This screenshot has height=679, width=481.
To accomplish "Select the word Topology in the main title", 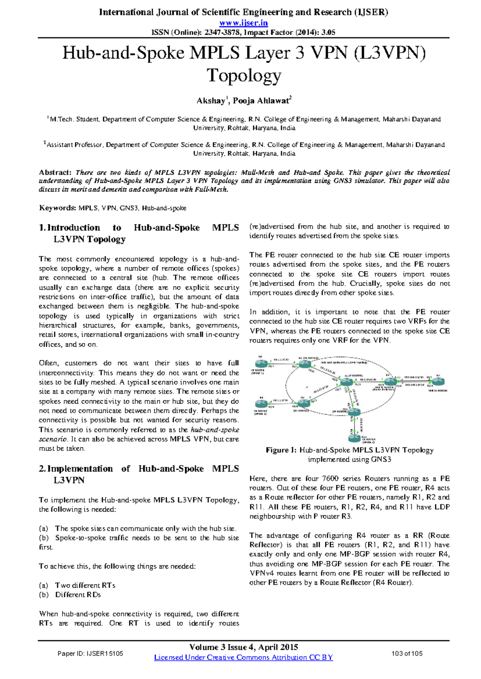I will click(x=244, y=75).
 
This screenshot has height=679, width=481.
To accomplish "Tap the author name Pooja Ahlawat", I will click(x=261, y=101).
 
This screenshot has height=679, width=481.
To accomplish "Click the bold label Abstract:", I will click(x=55, y=173).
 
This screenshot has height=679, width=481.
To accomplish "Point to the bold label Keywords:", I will click(x=57, y=208).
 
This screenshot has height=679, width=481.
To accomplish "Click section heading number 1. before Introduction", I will click(x=42, y=228).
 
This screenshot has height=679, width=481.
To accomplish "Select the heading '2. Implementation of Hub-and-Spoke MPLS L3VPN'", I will click(x=139, y=474).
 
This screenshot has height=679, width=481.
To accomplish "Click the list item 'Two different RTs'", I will click(x=85, y=585).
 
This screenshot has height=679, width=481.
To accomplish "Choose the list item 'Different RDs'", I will click(x=78, y=595).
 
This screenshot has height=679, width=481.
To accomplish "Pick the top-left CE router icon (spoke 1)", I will click(x=261, y=364).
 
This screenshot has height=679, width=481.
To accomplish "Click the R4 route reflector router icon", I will click(x=390, y=382).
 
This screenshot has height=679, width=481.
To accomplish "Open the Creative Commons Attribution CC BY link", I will click(x=244, y=657).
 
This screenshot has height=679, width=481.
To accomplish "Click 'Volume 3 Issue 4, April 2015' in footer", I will click(x=244, y=647).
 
